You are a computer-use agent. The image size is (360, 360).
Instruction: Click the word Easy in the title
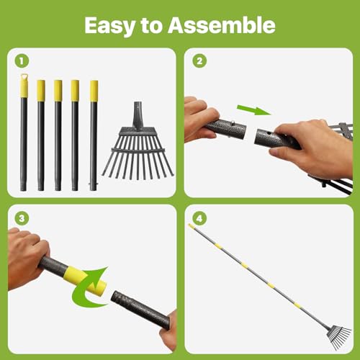pyautogui.click(x=108, y=26)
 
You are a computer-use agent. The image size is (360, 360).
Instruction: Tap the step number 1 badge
pyautogui.click(x=22, y=61)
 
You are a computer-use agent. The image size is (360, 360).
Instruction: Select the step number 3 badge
pyautogui.click(x=22, y=219)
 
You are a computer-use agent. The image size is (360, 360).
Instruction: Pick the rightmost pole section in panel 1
pyautogui.click(x=94, y=137)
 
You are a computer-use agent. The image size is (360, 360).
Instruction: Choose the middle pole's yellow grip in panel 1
pyautogui.click(x=58, y=89)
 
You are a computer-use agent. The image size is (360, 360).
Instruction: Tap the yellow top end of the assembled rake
pyautogui.click(x=193, y=226)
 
